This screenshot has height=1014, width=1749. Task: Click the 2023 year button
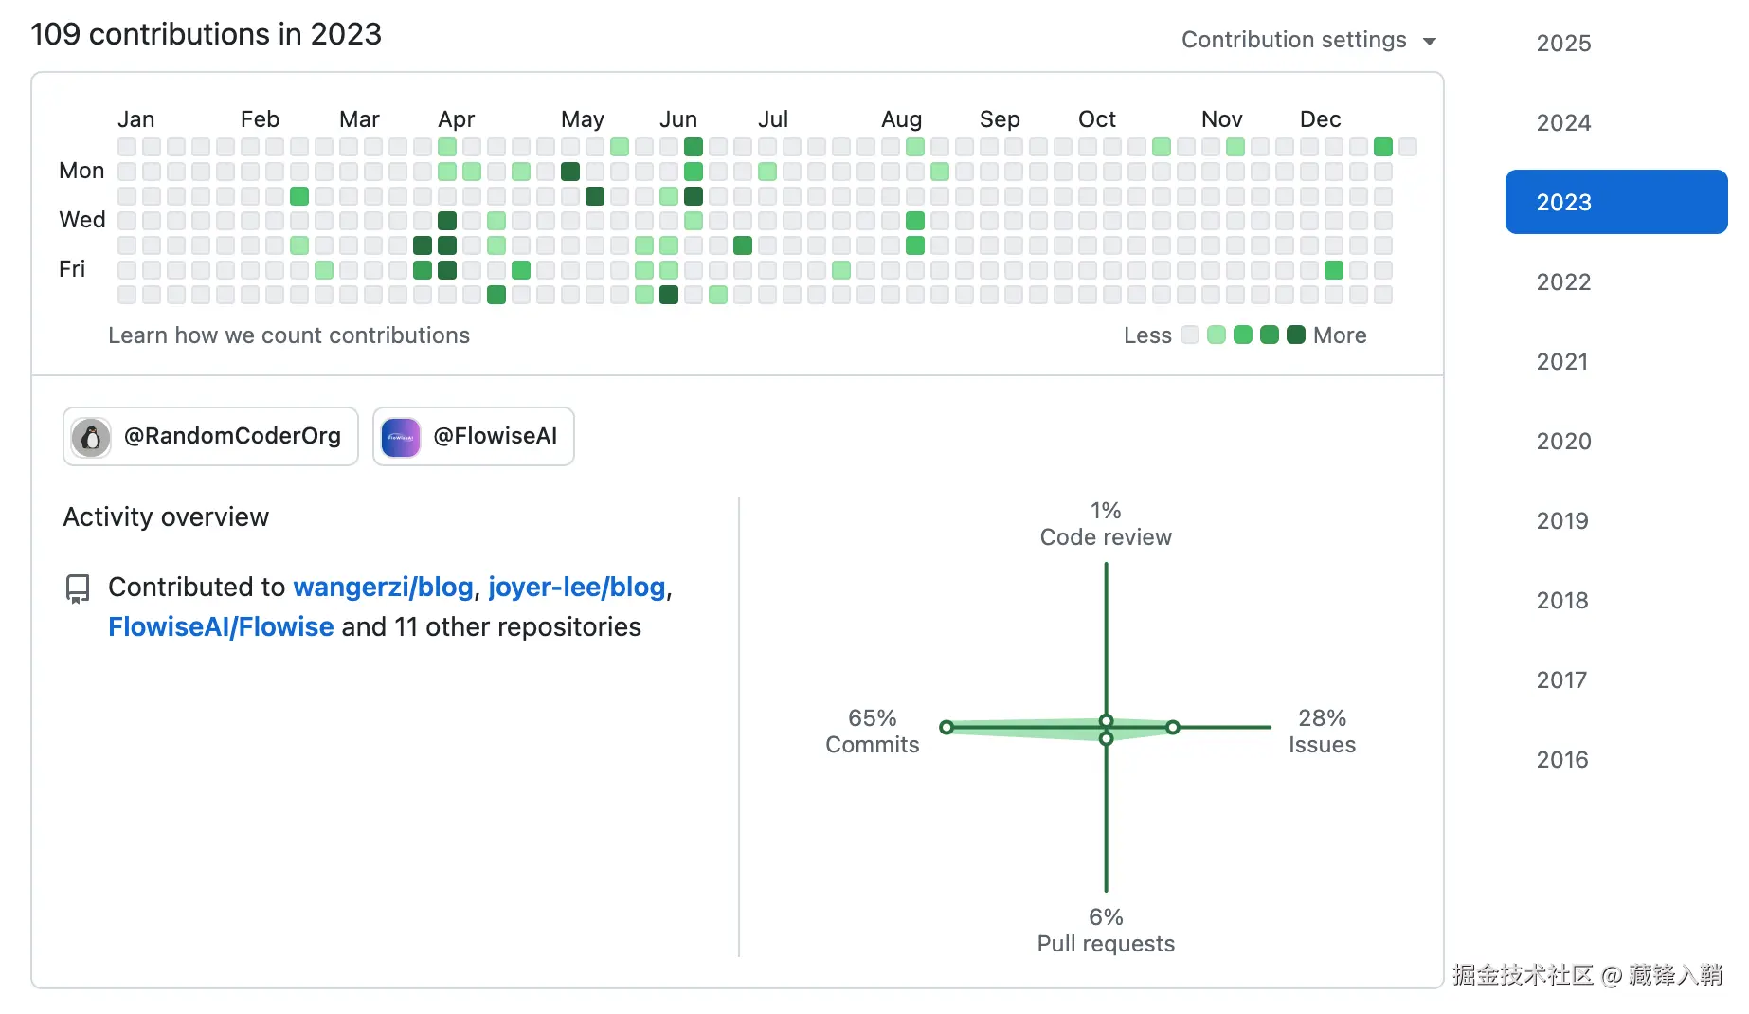tap(1614, 202)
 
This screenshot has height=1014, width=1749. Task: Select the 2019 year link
tap(1562, 520)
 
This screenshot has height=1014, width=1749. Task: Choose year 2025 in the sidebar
tap(1563, 43)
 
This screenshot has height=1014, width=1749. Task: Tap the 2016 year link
tap(1562, 759)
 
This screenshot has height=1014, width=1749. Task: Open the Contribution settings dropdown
tap(1308, 40)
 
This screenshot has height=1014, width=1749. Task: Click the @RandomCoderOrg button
tap(210, 436)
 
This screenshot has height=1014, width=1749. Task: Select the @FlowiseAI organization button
tap(474, 436)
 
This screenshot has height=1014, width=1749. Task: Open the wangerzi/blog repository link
tap(383, 587)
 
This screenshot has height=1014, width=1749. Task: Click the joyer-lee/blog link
tap(576, 587)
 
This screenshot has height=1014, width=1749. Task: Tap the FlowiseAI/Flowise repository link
tap(221, 626)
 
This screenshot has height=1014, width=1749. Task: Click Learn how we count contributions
tap(289, 335)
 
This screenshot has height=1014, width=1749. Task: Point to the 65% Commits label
tap(872, 731)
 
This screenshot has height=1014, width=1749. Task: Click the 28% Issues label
tap(1322, 731)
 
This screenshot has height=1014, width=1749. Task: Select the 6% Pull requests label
tap(1106, 930)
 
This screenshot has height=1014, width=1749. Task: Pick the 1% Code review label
tap(1106, 523)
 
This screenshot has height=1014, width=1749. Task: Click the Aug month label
tap(901, 119)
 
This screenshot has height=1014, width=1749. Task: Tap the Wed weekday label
tap(81, 220)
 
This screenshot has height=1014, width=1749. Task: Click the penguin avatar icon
tap(91, 437)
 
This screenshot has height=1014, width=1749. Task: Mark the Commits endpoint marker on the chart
tap(947, 727)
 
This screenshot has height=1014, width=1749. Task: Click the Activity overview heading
tap(166, 516)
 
